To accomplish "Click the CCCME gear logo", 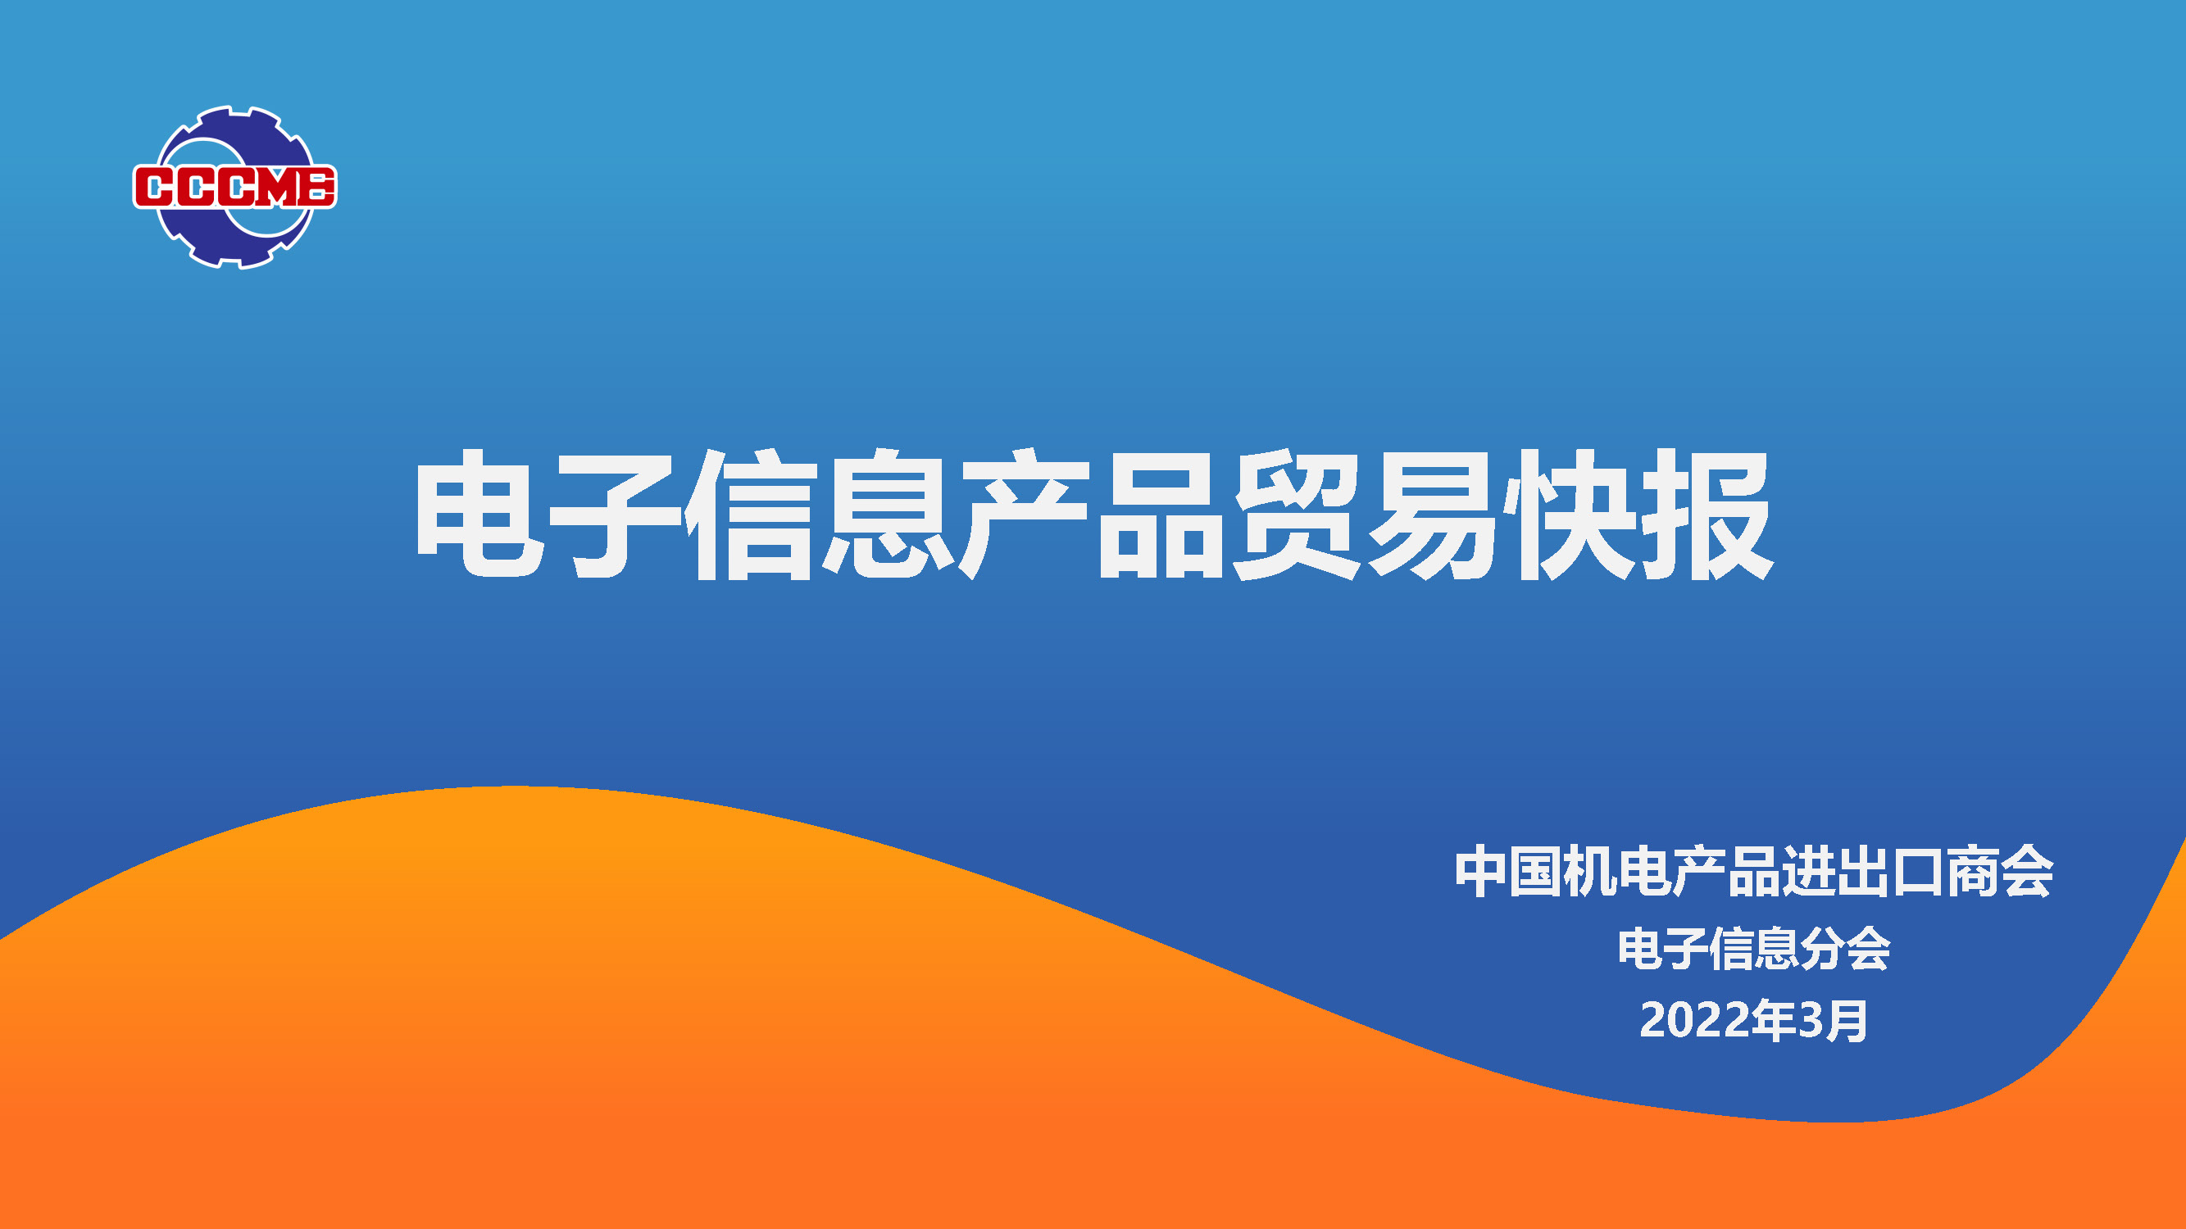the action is coord(234,188).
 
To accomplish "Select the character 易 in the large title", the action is coord(1433,514).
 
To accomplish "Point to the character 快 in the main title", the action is coord(1570,514).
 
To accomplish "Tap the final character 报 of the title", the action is coord(1707,514).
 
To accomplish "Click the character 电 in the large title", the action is coord(479,514).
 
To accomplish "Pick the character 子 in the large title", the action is coord(616,514).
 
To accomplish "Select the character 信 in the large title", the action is coord(752,514).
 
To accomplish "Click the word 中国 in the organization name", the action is coord(1509,871).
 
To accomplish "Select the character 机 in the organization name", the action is coord(1590,871).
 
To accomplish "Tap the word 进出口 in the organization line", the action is coord(1863,871).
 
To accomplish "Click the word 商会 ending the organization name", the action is coord(1999,871).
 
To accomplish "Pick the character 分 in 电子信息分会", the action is coord(1822,948).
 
